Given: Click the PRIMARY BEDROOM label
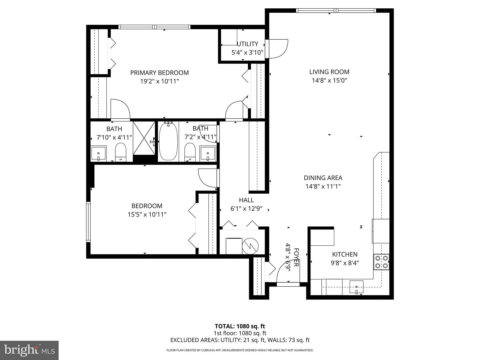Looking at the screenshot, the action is click(159, 73).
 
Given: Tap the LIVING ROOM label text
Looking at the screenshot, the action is click(329, 72).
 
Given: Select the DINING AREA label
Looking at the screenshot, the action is click(323, 178).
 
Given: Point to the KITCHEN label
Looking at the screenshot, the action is click(345, 254).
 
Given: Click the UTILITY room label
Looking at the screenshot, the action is click(247, 44).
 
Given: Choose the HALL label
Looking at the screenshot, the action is click(246, 200).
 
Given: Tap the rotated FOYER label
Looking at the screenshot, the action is click(296, 257).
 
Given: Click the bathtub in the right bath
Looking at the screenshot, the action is click(168, 142).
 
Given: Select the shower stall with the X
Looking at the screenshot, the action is click(144, 138).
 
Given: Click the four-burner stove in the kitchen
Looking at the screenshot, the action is click(381, 262).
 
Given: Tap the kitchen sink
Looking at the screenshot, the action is click(356, 287).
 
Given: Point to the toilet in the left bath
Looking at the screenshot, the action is click(121, 152).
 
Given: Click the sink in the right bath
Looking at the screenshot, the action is click(208, 153).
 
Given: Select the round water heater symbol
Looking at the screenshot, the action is click(250, 246).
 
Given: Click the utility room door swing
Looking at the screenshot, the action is click(278, 49).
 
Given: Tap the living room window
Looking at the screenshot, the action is click(336, 10).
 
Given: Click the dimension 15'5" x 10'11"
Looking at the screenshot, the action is click(147, 214).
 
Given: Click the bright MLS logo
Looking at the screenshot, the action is click(29, 350).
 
